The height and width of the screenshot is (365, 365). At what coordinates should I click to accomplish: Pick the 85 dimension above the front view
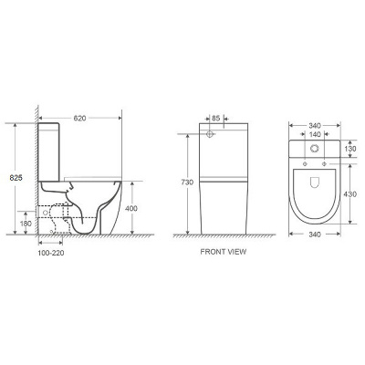(216, 118)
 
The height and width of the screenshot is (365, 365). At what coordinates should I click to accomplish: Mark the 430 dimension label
(351, 194)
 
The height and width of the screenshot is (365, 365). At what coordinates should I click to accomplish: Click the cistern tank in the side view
(52, 151)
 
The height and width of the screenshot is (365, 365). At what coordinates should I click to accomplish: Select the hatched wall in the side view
(36, 173)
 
